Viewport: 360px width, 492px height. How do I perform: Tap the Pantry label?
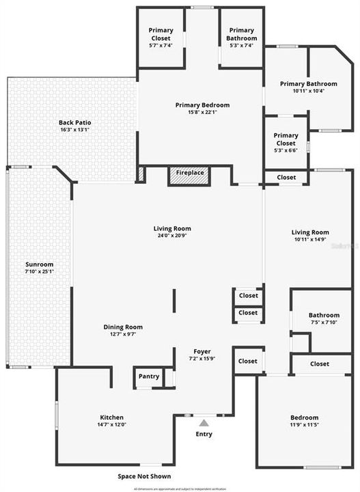click(149, 377)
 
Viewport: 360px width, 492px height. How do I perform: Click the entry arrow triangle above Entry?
click(204, 422)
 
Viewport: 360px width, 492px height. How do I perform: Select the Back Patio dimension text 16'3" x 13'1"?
click(75, 130)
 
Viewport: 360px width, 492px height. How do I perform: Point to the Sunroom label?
click(40, 264)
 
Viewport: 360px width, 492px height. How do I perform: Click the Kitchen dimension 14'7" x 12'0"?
click(112, 424)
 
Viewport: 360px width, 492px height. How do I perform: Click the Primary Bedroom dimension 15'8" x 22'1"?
click(202, 113)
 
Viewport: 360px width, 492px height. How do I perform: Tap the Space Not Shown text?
click(144, 476)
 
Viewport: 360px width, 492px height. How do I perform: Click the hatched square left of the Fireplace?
click(141, 174)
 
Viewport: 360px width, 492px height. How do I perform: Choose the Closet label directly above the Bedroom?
click(319, 364)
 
